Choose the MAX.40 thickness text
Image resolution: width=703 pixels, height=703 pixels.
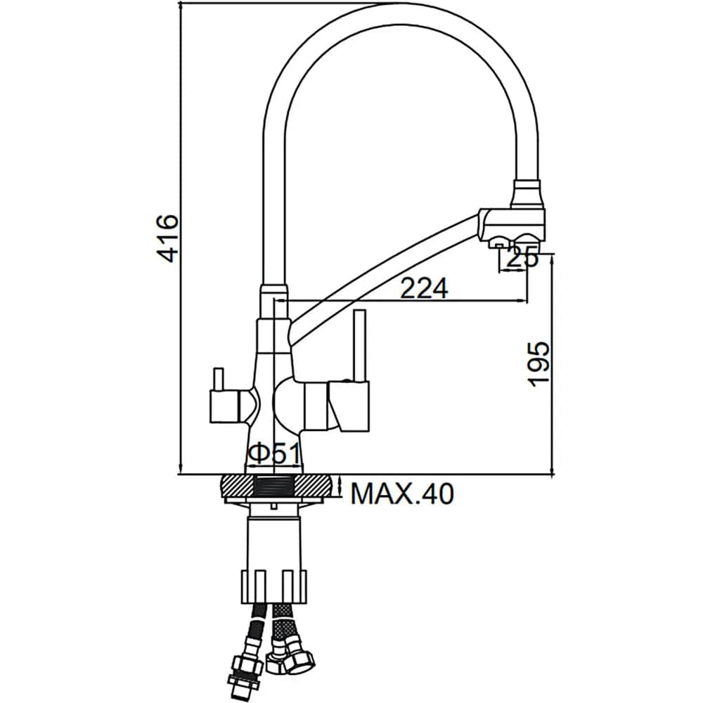pyautogui.click(x=402, y=494)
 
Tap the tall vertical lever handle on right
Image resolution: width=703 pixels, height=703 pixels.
pyautogui.click(x=360, y=344)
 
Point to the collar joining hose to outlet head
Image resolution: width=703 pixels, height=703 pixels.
pyautogui.click(x=527, y=191)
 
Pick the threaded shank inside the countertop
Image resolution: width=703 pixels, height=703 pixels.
pyautogui.click(x=276, y=486)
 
